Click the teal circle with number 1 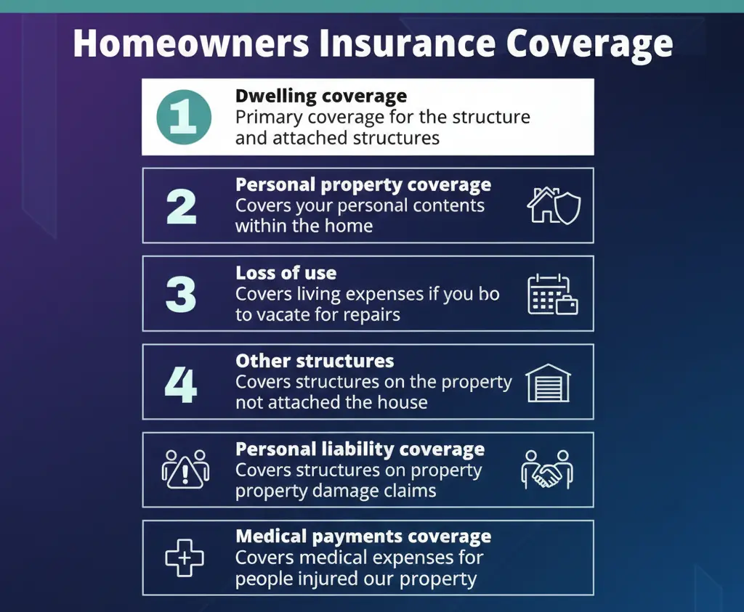(184, 117)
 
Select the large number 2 (181, 206)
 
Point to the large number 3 (181, 294)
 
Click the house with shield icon (553, 206)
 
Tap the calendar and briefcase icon (552, 294)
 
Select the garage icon (548, 383)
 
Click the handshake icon (548, 470)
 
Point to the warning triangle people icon (185, 470)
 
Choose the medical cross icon (185, 558)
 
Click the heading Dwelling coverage (321, 96)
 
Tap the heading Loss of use (286, 273)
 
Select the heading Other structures (315, 361)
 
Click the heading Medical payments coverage (363, 537)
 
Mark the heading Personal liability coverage (360, 449)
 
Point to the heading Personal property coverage (363, 184)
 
